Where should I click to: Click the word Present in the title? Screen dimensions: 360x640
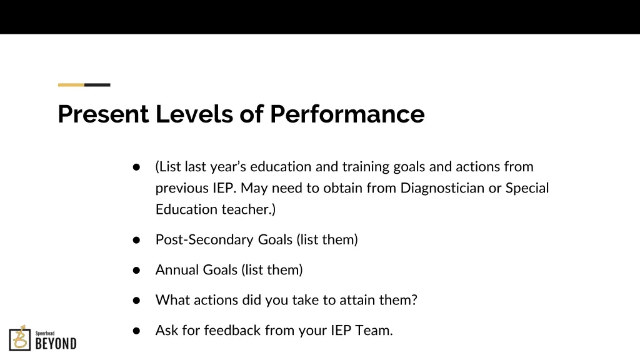[x=103, y=114]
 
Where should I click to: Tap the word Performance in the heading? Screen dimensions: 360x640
[x=347, y=114]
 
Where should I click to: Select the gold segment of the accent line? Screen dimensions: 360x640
[x=71, y=84]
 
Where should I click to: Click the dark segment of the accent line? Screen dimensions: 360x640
[x=97, y=84]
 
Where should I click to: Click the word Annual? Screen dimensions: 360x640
[x=176, y=270]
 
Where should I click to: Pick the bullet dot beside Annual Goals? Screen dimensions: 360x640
[x=136, y=271]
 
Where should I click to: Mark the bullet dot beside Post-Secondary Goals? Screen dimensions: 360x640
[x=136, y=240]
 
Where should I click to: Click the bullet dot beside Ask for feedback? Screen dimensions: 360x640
[x=136, y=331]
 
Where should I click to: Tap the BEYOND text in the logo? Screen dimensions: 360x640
[x=56, y=343]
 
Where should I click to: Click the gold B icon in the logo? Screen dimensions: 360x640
[x=20, y=338]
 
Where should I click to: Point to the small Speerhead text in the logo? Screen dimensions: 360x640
[x=44, y=333]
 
